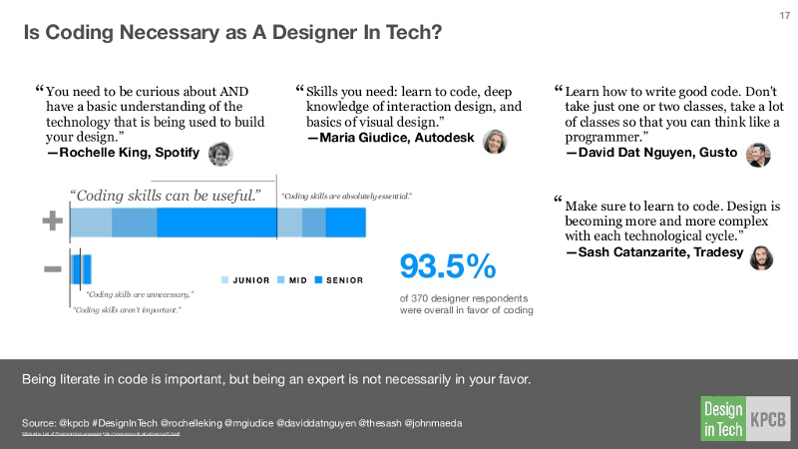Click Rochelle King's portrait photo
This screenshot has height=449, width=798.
click(x=220, y=154)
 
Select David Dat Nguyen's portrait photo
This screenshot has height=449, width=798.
click(x=758, y=155)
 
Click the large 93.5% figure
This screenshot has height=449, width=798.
click(x=448, y=266)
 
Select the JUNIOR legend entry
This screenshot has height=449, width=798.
click(x=246, y=279)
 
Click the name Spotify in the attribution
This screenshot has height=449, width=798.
click(x=177, y=153)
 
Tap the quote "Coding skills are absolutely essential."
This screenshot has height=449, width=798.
click(x=347, y=197)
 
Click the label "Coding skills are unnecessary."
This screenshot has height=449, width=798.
click(x=139, y=294)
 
